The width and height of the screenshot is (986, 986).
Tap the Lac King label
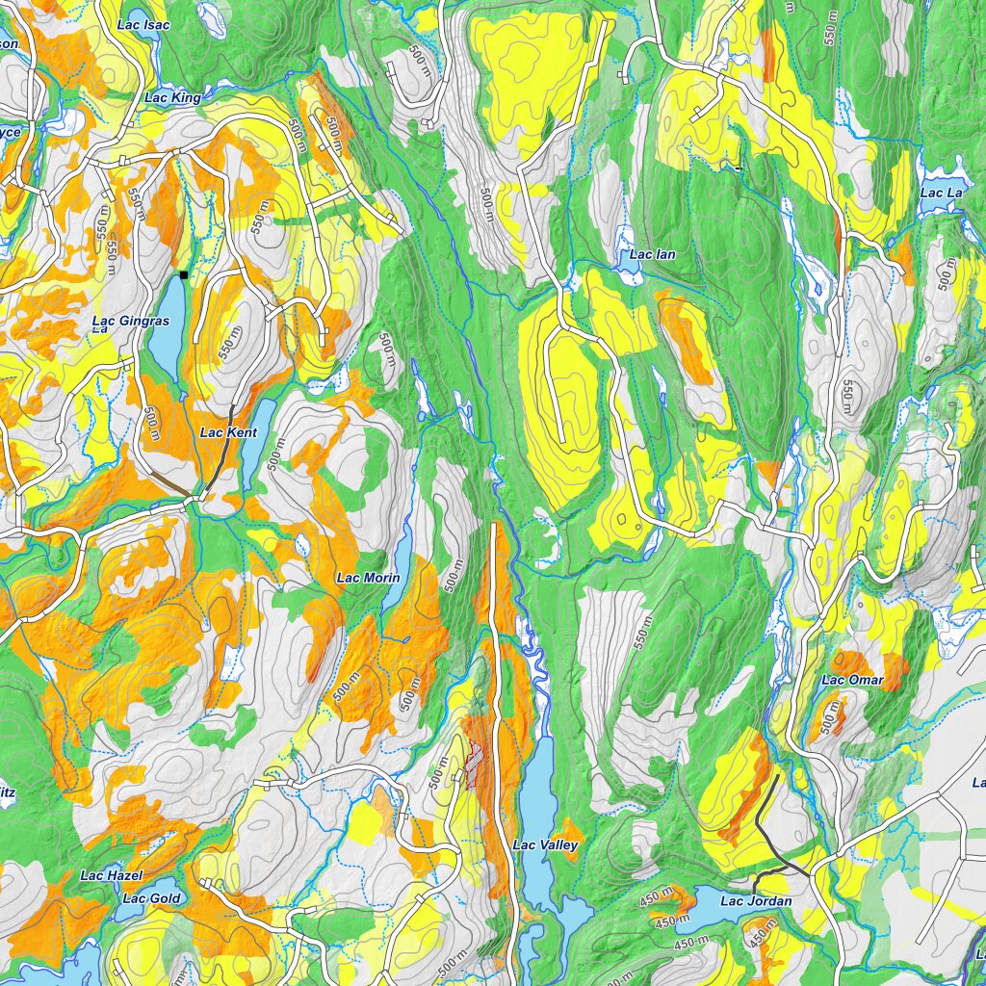[x=172, y=97]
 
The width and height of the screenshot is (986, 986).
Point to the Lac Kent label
[x=228, y=432]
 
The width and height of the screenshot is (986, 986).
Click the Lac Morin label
[x=367, y=578]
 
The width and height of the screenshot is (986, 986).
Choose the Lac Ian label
[x=652, y=254]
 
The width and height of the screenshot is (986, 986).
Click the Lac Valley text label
[x=545, y=844]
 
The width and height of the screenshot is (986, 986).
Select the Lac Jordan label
[x=755, y=900]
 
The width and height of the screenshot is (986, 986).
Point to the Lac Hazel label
[x=111, y=875]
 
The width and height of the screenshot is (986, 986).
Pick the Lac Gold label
[x=151, y=898]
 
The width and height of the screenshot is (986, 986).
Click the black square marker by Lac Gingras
[x=183, y=275]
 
